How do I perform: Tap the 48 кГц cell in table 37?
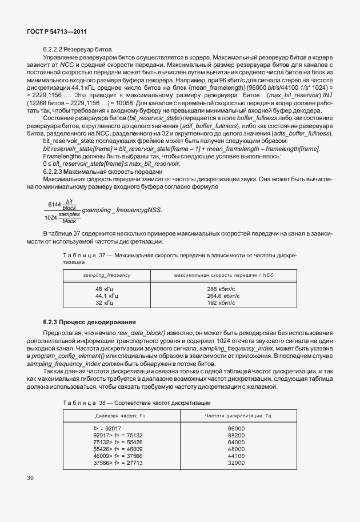point(106,289)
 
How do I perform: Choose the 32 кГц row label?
point(106,303)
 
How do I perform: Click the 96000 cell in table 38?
point(235,428)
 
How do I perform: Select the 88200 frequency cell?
point(235,435)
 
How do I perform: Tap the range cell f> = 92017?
point(107,428)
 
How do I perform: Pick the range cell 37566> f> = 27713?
point(118,462)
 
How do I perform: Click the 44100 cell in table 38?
point(235,455)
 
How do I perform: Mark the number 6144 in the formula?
point(55,204)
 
